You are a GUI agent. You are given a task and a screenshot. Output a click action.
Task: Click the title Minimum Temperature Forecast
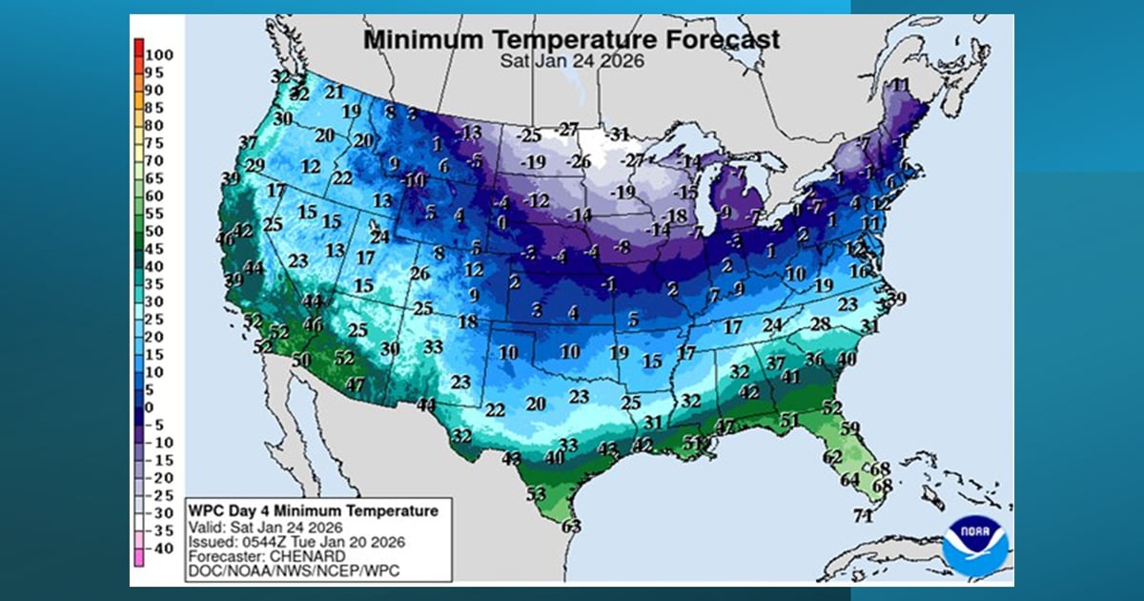pyautogui.click(x=572, y=40)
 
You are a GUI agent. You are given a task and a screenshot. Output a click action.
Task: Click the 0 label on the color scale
pyautogui.click(x=149, y=407)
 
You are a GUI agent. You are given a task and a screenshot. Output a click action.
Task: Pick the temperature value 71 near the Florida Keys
pyautogui.click(x=864, y=517)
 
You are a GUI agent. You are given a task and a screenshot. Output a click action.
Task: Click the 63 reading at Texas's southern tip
pyautogui.click(x=572, y=525)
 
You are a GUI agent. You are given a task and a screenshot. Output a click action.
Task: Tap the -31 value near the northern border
pyautogui.click(x=620, y=134)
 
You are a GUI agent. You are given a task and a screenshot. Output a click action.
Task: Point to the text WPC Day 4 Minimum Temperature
pyautogui.click(x=313, y=511)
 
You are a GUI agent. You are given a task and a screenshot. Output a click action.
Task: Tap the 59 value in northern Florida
pyautogui.click(x=850, y=427)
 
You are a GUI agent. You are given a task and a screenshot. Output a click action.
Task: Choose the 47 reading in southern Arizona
pyautogui.click(x=356, y=384)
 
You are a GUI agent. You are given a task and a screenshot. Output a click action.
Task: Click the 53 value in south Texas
pyautogui.click(x=536, y=494)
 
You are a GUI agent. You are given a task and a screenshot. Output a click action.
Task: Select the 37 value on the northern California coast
pyautogui.click(x=248, y=143)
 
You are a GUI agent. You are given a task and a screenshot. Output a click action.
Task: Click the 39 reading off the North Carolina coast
pyautogui.click(x=896, y=299)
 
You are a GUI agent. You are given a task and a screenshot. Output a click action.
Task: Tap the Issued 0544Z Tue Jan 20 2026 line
pyautogui.click(x=296, y=541)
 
